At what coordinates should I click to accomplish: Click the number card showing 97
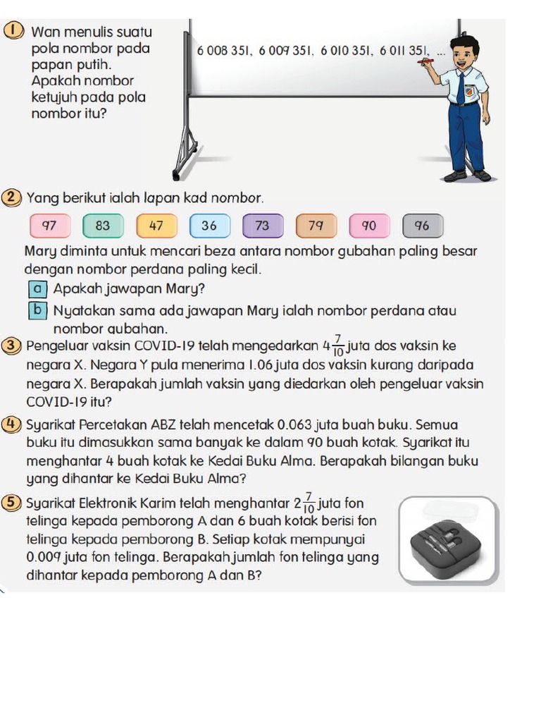pyautogui.click(x=49, y=226)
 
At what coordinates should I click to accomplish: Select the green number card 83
pyautogui.click(x=103, y=226)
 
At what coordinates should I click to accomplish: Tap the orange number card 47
pyautogui.click(x=156, y=226)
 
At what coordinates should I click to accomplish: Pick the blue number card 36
pyautogui.click(x=209, y=226)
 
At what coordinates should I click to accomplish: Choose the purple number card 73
pyautogui.click(x=263, y=226)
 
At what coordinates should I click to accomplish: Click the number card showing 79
pyautogui.click(x=316, y=226)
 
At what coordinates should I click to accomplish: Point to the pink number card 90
pyautogui.click(x=369, y=226)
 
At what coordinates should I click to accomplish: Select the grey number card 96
pyautogui.click(x=423, y=226)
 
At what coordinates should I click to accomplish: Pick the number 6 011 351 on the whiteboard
pyautogui.click(x=404, y=51)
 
